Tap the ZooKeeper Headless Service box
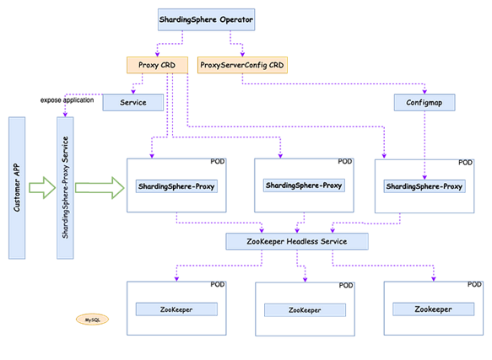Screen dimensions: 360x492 pos(297,241)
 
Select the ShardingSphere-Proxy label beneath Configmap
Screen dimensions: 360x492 pos(424,185)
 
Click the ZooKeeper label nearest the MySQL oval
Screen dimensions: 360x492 pos(176,309)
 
